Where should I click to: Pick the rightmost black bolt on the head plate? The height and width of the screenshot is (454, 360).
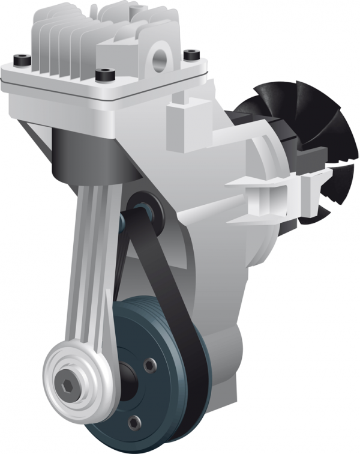tap(191, 55)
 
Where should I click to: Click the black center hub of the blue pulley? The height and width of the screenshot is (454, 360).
tap(123, 384)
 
